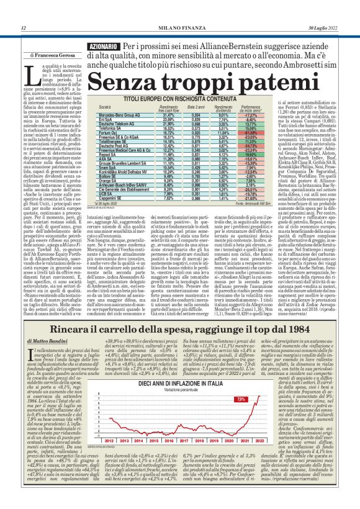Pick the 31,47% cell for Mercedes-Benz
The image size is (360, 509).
point(150,115)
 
